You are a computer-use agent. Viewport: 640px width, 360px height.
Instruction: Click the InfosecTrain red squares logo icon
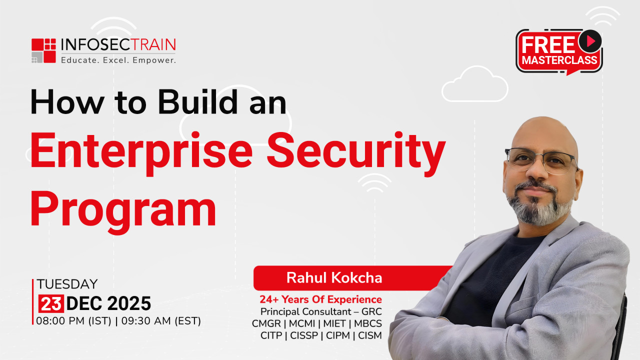[43, 50]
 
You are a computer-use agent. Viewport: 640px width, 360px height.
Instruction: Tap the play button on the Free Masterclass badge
[590, 41]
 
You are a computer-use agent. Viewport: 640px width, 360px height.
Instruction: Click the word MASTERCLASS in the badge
[559, 60]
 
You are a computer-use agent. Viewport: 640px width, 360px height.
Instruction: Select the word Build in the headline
[197, 102]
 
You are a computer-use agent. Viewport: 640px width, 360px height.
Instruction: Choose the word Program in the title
[123, 211]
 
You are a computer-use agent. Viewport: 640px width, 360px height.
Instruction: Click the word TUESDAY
[67, 284]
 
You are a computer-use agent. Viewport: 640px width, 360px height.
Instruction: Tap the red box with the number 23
[51, 303]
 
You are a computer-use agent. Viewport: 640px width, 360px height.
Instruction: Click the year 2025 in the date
[129, 303]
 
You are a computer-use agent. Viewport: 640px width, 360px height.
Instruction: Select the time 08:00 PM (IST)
[73, 321]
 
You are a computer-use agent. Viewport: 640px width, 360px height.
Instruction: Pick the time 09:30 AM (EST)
[161, 321]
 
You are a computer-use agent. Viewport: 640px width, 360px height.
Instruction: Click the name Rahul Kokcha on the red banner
[334, 277]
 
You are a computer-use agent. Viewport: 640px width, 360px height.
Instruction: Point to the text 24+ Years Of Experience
[320, 299]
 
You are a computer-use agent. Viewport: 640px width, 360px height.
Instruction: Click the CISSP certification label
[304, 335]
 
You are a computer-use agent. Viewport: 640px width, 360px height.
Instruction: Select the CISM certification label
[370, 335]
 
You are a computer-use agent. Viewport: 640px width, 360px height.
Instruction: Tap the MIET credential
[334, 323]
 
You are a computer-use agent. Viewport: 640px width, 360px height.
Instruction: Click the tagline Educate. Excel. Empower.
[118, 60]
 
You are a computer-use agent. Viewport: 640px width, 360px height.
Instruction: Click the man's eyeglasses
[541, 160]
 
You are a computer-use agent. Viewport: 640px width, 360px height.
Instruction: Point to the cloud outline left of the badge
[475, 84]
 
